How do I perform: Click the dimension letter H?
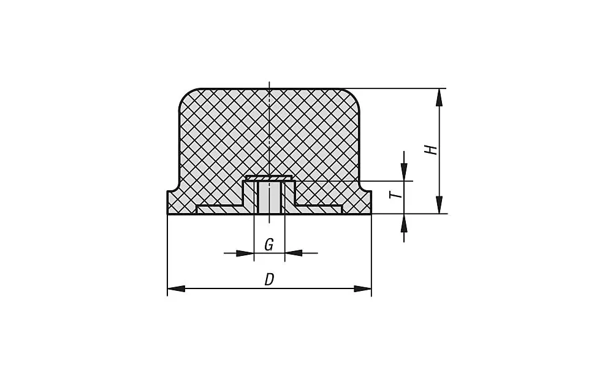click(432, 150)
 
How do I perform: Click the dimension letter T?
click(398, 195)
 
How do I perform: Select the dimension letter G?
click(268, 245)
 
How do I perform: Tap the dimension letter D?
click(269, 280)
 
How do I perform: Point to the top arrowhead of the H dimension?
click(440, 98)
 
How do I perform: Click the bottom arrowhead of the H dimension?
click(440, 205)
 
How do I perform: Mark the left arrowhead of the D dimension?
click(177, 289)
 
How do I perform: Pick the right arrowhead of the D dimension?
click(362, 289)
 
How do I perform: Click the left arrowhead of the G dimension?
click(245, 253)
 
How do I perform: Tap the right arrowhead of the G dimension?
click(294, 253)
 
